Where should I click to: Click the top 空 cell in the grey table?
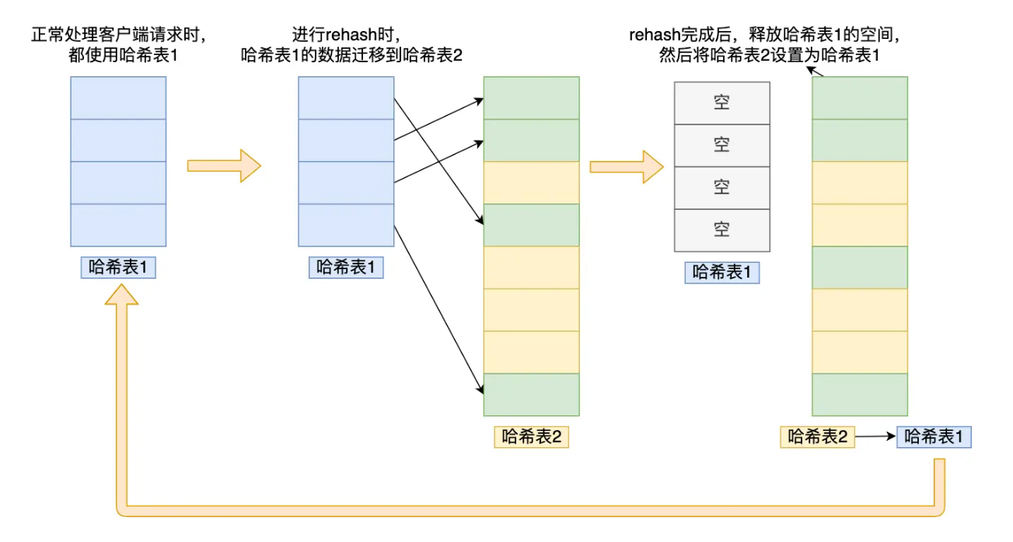[721, 103]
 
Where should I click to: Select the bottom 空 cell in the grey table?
[721, 230]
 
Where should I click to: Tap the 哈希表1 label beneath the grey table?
[721, 272]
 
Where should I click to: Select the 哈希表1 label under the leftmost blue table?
[118, 268]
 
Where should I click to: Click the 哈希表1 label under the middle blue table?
[346, 268]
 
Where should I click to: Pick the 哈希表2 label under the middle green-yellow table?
[532, 437]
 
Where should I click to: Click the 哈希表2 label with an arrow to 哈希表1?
[818, 437]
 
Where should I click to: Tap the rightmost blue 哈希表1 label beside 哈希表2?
[934, 437]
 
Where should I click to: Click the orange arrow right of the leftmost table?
[224, 166]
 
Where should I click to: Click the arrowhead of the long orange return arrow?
[121, 293]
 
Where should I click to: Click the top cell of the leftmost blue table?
[118, 98]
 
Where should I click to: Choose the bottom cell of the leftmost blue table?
[118, 225]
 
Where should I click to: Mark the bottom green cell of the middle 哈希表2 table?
[532, 394]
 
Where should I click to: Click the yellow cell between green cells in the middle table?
[532, 183]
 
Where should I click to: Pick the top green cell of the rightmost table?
[860, 98]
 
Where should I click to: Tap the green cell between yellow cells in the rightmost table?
[860, 268]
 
